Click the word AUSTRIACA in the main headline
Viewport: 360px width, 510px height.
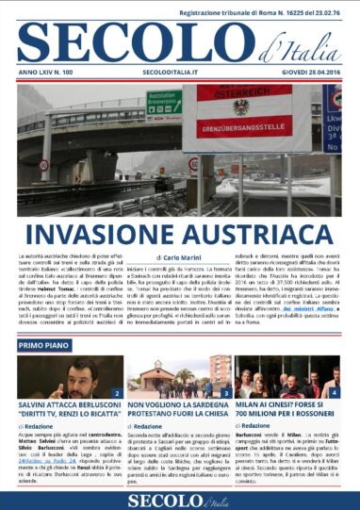tap(249, 234)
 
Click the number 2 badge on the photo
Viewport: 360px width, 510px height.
tap(116, 392)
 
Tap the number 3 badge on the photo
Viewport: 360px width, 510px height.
tap(225, 392)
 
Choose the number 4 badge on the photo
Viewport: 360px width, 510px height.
tap(335, 392)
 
